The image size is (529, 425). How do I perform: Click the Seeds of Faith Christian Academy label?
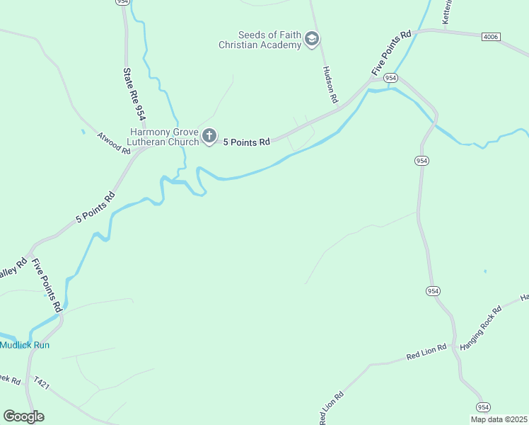tap(260, 39)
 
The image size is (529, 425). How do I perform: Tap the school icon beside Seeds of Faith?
tap(311, 40)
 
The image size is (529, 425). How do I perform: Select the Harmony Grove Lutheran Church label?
tap(164, 136)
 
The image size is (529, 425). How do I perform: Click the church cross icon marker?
tap(209, 136)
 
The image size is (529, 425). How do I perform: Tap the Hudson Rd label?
tap(330, 84)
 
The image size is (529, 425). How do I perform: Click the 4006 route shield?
tap(490, 36)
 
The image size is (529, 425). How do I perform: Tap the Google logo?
tap(23, 416)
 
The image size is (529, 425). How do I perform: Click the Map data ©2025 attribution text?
tap(499, 419)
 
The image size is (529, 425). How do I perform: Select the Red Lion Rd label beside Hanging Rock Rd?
tap(426, 352)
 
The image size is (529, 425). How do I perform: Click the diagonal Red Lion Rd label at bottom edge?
tap(332, 409)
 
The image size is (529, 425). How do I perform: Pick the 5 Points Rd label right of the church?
tap(247, 142)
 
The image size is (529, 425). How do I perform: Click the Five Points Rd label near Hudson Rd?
tap(391, 52)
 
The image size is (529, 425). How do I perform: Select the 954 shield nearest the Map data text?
tap(483, 407)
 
